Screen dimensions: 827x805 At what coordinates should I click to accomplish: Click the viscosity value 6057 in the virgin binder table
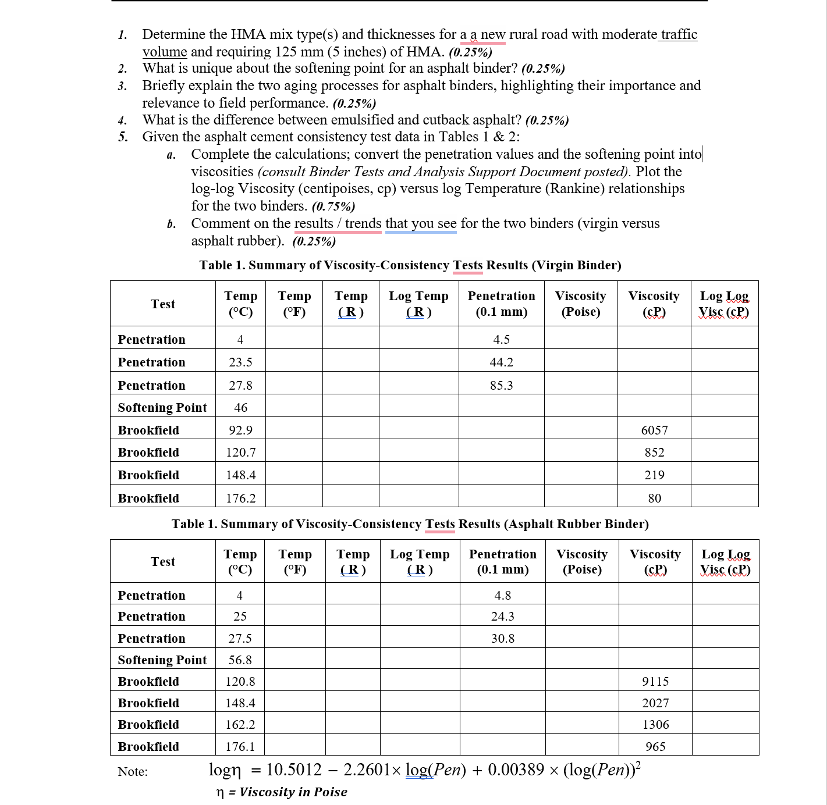coord(654,430)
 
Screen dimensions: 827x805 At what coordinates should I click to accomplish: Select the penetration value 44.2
coord(501,362)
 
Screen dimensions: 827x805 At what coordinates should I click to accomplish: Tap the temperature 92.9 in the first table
coord(240,430)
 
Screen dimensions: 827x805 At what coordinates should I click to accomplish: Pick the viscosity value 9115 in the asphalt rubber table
coord(655,682)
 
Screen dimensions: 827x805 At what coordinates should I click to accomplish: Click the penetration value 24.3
coord(502,617)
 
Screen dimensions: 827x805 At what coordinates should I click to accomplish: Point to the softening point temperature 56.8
coord(240,660)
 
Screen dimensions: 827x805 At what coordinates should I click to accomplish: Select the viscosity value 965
coord(655,747)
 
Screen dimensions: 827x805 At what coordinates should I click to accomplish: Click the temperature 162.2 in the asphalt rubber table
coord(240,725)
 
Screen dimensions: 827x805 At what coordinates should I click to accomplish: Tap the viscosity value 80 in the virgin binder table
coord(654,498)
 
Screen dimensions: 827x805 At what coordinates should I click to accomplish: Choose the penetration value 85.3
coord(501,386)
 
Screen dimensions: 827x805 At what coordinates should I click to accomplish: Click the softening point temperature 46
coord(240,408)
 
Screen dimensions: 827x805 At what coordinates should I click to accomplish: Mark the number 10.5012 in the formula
coord(293,770)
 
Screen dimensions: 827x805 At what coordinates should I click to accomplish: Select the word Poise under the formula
coord(330,792)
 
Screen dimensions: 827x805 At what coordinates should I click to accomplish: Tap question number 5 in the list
coord(123,137)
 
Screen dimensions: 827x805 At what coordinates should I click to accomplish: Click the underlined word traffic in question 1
coord(679,34)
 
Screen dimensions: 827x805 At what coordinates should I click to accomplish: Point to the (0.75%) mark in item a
coord(333,206)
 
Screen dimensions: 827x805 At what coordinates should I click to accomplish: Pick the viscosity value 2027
coord(655,703)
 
